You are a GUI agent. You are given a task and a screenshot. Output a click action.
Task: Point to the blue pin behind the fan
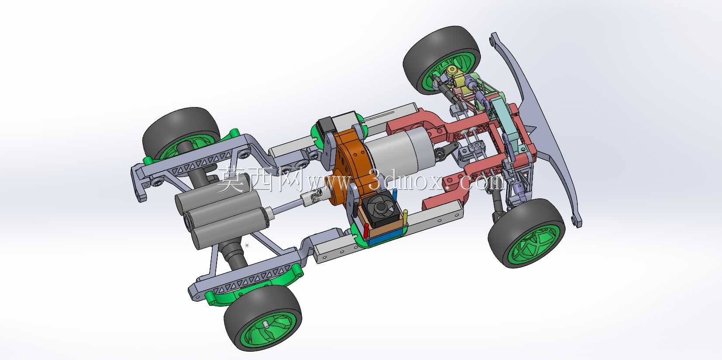(x=395, y=195)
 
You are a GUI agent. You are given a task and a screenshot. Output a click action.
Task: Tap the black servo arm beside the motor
(x=447, y=150)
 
